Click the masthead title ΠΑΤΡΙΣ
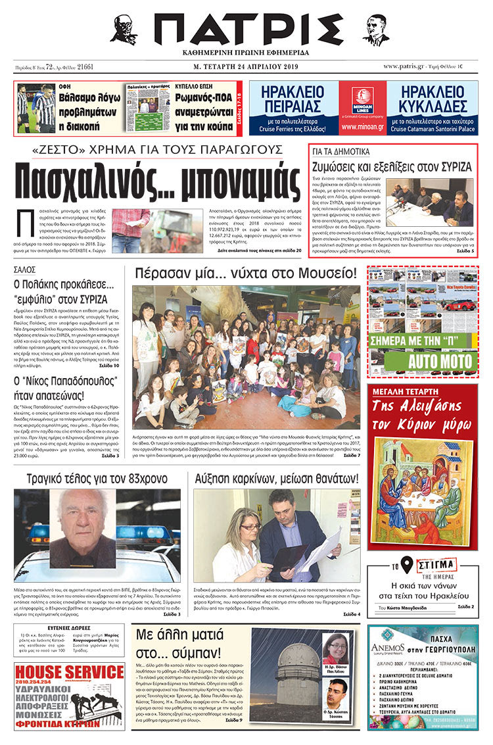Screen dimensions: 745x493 coord(246,30)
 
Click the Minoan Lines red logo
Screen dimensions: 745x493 coord(362,96)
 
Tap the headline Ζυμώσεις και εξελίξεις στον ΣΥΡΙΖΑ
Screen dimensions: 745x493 coord(392,167)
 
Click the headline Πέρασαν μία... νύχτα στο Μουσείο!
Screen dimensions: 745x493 coord(245,274)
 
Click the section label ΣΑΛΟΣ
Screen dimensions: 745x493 coord(25,269)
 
